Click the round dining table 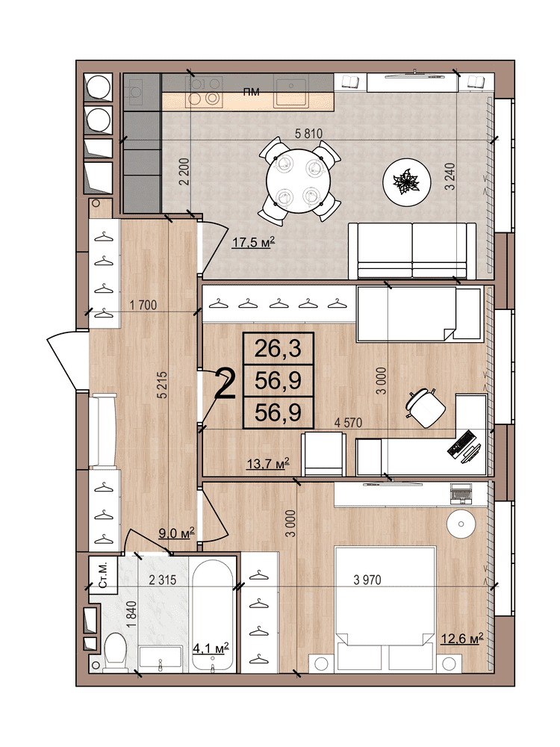click(299, 181)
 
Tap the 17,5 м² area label click(253, 243)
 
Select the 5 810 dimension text click(308, 134)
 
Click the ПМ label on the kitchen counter click(252, 92)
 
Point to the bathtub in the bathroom click(213, 615)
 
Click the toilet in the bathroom click(115, 651)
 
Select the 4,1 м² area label click(211, 648)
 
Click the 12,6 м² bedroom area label click(461, 638)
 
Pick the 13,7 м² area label click(268, 463)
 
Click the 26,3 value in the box click(278, 349)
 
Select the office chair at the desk click(426, 408)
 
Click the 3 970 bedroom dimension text click(367, 580)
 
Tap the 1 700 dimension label click(143, 305)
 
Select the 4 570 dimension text click(348, 422)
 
